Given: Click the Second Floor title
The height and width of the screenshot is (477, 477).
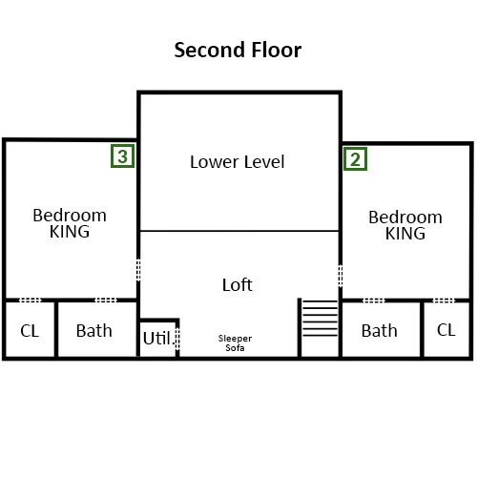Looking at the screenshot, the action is point(238,50).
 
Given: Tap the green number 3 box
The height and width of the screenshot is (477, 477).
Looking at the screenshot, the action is point(122,156).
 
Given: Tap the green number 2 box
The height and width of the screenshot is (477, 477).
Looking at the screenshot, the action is point(355,158).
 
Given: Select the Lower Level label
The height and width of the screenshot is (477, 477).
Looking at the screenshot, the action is point(238,162).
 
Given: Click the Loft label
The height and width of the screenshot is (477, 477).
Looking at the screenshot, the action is point(238,284).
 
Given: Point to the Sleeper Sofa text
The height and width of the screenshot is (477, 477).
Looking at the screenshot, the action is point(235,343).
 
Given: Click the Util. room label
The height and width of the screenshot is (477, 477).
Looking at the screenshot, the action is point(157,338).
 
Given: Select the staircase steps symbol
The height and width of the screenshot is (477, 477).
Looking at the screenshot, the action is point(320,318).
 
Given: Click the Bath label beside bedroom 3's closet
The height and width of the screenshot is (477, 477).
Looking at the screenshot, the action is point(94,331).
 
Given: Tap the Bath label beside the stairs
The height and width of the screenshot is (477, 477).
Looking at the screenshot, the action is point(380,331).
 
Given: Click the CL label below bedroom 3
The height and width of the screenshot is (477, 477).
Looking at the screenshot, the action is point(30,331).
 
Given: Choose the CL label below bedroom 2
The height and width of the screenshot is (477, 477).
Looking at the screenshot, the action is point(446,330).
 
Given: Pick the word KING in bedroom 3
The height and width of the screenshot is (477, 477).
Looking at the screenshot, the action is point(70,231).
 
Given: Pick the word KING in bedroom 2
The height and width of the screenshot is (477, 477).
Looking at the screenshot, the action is point(405,233).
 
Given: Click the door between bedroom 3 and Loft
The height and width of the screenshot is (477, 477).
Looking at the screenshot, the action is point(138,270).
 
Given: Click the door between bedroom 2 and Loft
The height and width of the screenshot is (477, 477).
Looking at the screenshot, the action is point(341,276).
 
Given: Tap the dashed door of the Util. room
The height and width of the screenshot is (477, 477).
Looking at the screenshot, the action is point(177,339).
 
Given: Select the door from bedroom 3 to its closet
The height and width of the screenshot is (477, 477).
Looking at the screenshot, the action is point(31,300).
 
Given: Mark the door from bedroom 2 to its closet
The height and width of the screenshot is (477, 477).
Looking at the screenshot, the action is point(444,301).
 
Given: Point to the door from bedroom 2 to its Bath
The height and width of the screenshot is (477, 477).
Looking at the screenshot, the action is point(374,301).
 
